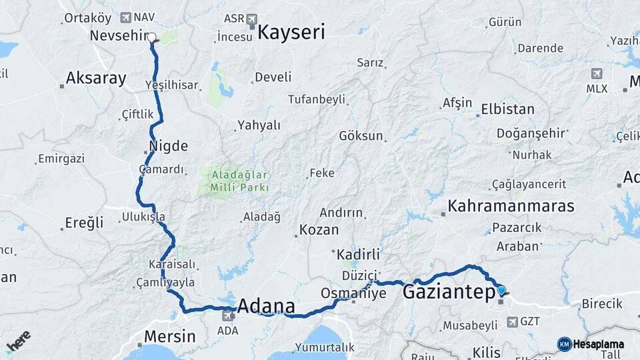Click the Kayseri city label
tap(291, 31)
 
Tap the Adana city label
tap(266, 306)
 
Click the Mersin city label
tap(171, 336)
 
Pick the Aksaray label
tap(95, 78)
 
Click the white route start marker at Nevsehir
tap(152, 37)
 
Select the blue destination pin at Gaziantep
tap(501, 291)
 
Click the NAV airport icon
tap(126, 17)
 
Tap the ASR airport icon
tap(251, 19)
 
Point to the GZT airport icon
tap(511, 322)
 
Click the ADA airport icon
tap(227, 317)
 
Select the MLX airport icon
tap(597, 73)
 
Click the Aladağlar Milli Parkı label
tap(239, 181)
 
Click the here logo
tap(18, 342)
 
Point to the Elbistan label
tap(508, 109)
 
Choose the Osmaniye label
tap(353, 293)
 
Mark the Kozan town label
tap(319, 229)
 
